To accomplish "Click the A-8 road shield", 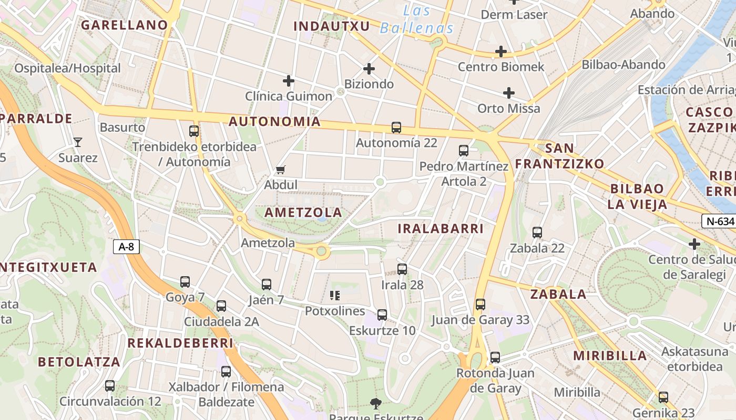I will click(x=126, y=247).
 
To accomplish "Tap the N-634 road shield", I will click(x=718, y=221).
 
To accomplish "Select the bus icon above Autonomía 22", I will click(x=396, y=128).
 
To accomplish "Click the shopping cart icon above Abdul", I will click(x=281, y=170).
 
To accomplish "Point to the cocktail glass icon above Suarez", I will click(x=78, y=142).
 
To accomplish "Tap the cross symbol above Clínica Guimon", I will click(x=289, y=81).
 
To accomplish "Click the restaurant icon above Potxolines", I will click(x=335, y=296).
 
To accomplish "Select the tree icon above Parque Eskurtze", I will click(x=375, y=403).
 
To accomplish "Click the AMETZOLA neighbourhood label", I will click(x=303, y=213).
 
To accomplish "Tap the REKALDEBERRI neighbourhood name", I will click(x=180, y=343).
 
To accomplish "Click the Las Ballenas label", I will click(x=417, y=19).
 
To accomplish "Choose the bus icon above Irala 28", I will click(x=402, y=269).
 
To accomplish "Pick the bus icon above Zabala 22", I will click(x=537, y=233).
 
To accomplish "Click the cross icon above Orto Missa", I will click(x=509, y=93).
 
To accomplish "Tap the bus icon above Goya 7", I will click(x=185, y=282).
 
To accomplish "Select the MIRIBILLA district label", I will click(x=610, y=355).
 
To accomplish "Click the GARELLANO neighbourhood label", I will click(x=124, y=25).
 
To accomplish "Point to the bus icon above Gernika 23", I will click(x=663, y=397).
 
